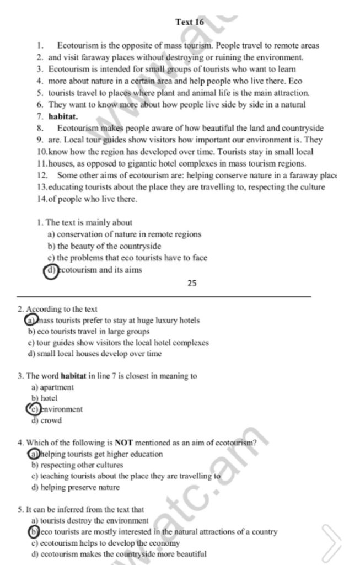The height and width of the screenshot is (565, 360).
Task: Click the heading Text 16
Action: [x=190, y=22]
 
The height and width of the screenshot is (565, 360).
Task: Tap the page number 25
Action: [x=192, y=284]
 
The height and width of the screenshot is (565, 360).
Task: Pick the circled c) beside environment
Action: [x=34, y=409]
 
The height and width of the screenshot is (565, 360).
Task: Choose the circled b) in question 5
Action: [x=34, y=532]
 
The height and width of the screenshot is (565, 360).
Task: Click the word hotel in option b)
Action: [x=49, y=398]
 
